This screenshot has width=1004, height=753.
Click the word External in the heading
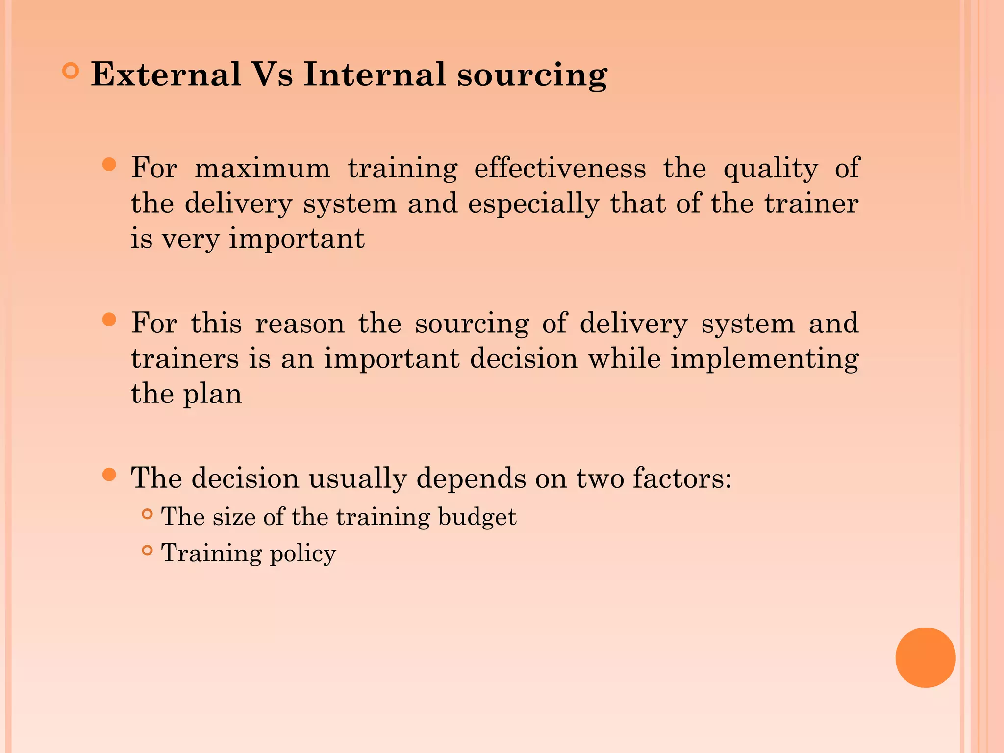tap(166, 75)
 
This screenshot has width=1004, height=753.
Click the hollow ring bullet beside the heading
tap(71, 72)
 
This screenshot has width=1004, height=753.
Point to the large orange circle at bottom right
tap(925, 657)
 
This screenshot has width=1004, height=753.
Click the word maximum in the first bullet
tap(262, 168)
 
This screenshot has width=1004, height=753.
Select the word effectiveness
tap(560, 168)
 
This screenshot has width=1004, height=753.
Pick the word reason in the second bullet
tap(300, 324)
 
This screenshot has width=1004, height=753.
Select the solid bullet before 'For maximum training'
tap(109, 164)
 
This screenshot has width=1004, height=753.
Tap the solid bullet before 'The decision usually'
tap(109, 475)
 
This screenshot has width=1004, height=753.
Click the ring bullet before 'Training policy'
tap(147, 551)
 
